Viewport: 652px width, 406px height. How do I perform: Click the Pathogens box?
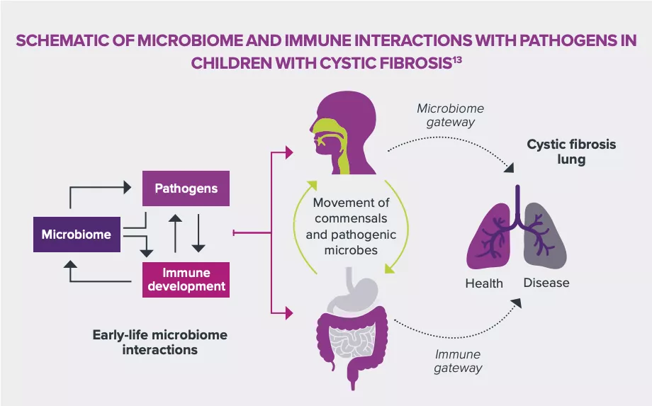point(186,189)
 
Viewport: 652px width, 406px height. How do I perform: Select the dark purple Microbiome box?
point(76,235)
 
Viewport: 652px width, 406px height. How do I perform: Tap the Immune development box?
point(186,279)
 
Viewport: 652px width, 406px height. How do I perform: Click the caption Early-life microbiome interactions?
point(159,342)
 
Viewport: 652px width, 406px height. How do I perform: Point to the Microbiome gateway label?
point(450,115)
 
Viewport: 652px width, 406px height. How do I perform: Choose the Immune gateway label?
point(457,361)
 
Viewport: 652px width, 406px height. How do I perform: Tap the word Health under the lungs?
point(484,283)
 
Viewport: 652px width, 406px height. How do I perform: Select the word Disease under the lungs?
point(546,283)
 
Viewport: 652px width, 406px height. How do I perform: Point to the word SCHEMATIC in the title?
point(60,40)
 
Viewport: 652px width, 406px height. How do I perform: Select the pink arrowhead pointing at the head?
point(288,151)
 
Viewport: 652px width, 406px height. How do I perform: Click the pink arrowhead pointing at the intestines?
point(288,311)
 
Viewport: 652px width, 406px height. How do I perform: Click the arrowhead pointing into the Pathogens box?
point(128,188)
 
